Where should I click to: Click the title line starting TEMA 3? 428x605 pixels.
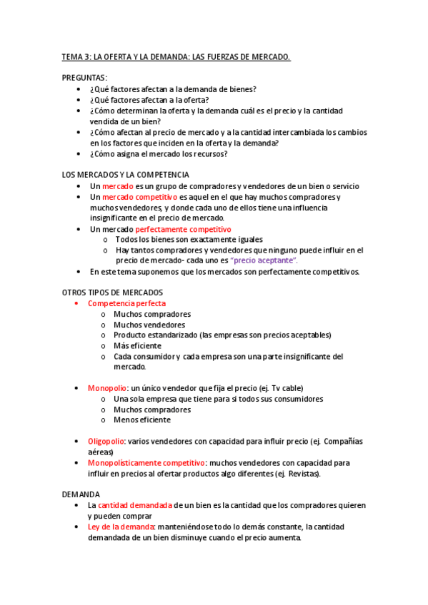tap(176, 57)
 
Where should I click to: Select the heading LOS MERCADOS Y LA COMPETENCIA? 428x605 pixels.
tap(126, 174)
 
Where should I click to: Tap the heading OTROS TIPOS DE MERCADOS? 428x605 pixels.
tap(112, 293)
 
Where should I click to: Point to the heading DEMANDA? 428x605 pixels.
tap(81, 494)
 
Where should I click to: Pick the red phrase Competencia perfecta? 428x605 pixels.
tap(126, 303)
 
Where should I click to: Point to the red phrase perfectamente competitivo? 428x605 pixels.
tap(184, 229)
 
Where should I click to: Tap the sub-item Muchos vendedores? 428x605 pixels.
tap(149, 325)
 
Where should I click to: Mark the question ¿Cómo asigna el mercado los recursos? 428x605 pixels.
tap(159, 153)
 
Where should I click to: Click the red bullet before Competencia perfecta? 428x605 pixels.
tap(77, 303)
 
